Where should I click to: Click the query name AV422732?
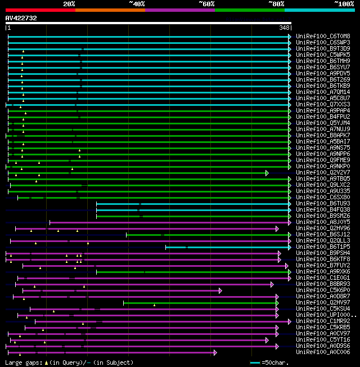pyautogui.click(x=21, y=18)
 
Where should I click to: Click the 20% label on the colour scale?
pyautogui.click(x=69, y=3)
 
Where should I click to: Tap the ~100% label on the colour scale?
pyautogui.click(x=344, y=3)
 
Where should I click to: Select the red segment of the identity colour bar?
pyautogui.click(x=40, y=10)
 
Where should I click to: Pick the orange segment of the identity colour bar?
pyautogui.click(x=110, y=10)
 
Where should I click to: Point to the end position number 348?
pyautogui.click(x=284, y=27)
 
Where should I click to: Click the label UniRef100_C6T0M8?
pyautogui.click(x=323, y=36)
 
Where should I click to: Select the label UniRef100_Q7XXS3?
pyautogui.click(x=323, y=104)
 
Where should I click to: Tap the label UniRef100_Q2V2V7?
pyautogui.click(x=323, y=172)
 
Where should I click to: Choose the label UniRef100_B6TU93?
pyautogui.click(x=323, y=203)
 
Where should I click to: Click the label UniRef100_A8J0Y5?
pyautogui.click(x=323, y=222)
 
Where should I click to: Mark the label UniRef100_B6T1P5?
pyautogui.click(x=323, y=247)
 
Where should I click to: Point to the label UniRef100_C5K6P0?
pyautogui.click(x=323, y=290)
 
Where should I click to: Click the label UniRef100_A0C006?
pyautogui.click(x=323, y=352)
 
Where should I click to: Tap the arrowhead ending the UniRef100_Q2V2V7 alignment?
pyautogui.click(x=267, y=173)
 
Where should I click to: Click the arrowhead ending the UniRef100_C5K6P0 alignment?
pyautogui.click(x=220, y=290)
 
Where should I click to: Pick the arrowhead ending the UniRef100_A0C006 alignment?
pyautogui.click(x=215, y=352)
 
